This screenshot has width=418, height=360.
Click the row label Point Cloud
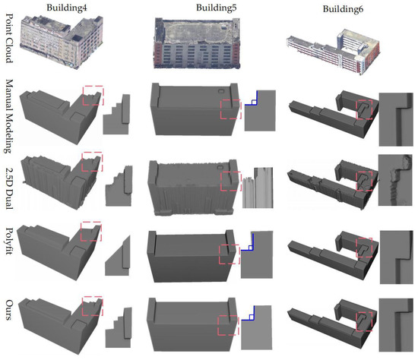tap(8, 36)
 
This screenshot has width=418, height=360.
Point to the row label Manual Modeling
tap(8, 109)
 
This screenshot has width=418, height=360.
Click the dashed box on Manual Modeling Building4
tap(93, 96)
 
